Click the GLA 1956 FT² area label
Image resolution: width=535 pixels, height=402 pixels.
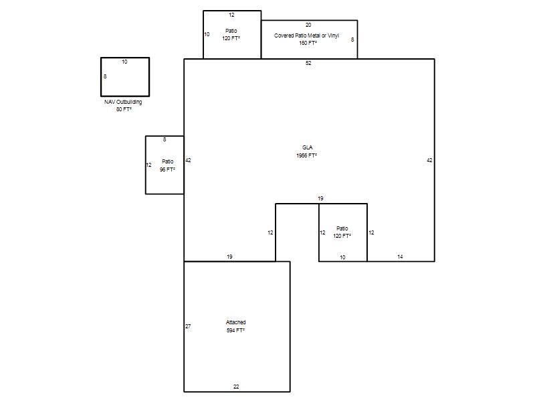307,151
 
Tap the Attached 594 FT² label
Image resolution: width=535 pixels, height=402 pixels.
236,326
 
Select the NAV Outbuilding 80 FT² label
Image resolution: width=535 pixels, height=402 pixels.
123,106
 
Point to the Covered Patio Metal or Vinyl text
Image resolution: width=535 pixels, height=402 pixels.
306,36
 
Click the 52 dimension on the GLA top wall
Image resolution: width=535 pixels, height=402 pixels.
308,63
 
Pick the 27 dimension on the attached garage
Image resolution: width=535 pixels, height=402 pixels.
188,326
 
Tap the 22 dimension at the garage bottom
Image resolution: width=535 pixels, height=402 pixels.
236,387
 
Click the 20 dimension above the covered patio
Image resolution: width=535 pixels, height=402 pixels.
308,25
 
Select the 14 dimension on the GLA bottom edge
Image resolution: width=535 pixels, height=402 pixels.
400,257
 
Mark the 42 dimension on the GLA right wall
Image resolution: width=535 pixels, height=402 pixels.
429,160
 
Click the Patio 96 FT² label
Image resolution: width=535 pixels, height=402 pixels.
168,165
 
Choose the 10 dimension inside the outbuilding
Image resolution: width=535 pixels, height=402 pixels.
124,62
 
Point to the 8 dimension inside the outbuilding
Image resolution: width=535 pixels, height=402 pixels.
105,76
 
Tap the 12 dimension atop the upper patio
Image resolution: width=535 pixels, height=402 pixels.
231,15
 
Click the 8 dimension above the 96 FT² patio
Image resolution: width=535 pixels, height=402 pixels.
165,139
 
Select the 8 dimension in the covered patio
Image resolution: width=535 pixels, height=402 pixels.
352,40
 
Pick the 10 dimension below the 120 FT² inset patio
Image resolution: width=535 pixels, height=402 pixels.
342,257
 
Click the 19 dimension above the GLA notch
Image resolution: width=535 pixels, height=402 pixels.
320,198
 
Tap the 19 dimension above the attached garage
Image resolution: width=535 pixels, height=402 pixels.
229,257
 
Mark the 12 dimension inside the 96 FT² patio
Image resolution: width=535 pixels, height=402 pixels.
148,165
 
